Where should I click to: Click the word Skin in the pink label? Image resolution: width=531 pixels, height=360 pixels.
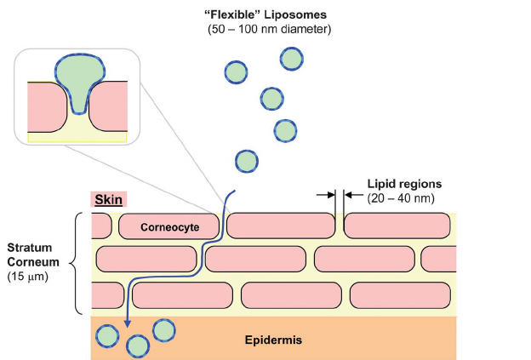tap(109, 200)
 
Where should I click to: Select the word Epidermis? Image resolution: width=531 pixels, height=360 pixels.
tap(273, 340)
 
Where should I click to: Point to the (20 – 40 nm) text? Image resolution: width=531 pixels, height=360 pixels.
tap(402, 197)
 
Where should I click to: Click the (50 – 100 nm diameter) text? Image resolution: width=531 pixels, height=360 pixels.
tap(270, 30)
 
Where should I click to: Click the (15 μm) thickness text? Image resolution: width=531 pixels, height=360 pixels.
tap(26, 277)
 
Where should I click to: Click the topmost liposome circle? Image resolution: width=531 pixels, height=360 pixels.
tap(292, 59)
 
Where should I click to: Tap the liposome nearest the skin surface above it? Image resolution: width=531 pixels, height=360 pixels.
tap(246, 161)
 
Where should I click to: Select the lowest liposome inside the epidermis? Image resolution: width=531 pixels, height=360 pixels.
tap(137, 346)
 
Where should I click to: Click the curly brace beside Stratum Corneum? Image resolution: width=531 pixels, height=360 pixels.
tap(79, 262)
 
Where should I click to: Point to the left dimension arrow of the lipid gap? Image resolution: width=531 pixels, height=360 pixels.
tap(325, 195)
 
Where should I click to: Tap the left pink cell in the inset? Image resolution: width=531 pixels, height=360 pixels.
tap(45, 106)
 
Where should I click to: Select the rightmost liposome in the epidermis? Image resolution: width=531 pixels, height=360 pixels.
tap(163, 329)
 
